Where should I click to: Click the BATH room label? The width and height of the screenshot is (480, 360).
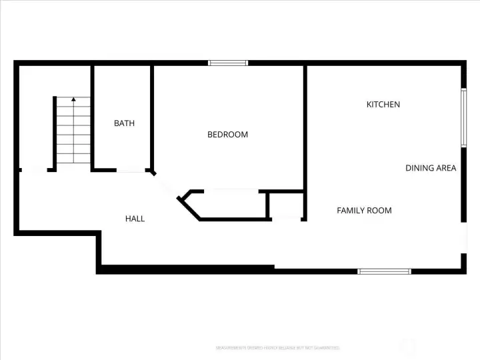pos(124,123)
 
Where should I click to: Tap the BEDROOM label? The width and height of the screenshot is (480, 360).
pos(227,135)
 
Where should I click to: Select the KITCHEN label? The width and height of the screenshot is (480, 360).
pos(383,105)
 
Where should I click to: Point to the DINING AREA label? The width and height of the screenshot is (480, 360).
pos(431,168)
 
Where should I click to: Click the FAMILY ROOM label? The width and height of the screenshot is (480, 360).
pos(364,211)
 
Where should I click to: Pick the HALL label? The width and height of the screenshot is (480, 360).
pos(135,219)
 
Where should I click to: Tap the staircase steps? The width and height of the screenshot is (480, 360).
pos(73,133)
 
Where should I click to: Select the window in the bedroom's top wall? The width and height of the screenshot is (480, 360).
pos(228,63)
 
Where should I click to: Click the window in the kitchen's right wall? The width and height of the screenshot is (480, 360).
pos(463,117)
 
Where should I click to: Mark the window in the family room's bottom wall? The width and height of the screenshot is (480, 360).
pos(385,271)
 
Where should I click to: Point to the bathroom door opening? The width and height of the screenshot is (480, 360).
pos(132,171)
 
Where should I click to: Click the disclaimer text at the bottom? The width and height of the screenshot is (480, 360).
pos(278,347)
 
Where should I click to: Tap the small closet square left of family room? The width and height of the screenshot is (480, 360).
pos(286,205)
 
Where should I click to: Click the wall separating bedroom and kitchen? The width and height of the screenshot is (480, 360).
pos(305,133)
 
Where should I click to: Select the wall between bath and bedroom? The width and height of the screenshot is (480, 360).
pos(153,117)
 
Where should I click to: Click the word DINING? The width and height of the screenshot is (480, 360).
pos(420,168)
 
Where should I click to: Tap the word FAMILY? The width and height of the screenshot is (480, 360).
pos(351,211)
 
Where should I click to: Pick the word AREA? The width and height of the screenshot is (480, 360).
pos(447,168)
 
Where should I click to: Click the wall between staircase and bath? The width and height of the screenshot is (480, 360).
pos(91,117)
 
